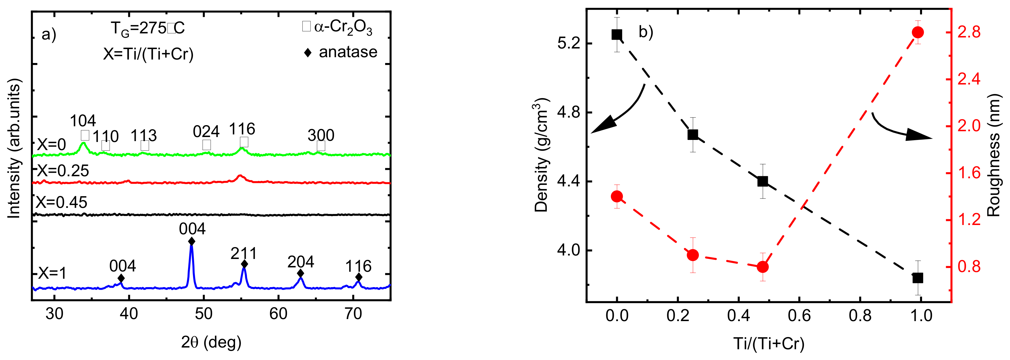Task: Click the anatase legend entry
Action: (x=341, y=52)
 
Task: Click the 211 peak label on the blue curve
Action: (x=244, y=254)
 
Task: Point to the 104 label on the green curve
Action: (x=83, y=121)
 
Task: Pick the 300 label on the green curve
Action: (x=321, y=136)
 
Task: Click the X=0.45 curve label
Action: (x=62, y=203)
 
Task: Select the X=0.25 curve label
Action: (x=63, y=171)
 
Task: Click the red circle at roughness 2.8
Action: (x=917, y=32)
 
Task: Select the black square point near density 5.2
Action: (x=617, y=35)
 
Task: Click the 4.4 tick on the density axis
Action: (x=569, y=181)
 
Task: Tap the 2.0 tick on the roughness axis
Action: (x=968, y=126)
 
